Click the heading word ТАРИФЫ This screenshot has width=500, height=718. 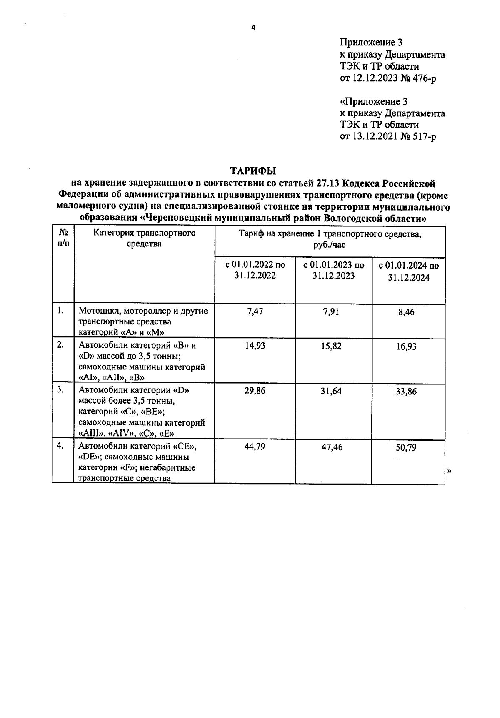[253, 171]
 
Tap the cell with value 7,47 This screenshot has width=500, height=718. [255, 311]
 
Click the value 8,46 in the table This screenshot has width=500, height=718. [406, 312]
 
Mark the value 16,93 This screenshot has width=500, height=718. [406, 346]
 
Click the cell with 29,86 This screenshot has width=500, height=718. [255, 391]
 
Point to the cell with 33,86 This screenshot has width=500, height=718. [406, 392]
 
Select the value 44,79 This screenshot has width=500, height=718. [255, 447]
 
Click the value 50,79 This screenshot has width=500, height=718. [406, 448]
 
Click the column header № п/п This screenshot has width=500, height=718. [63, 238]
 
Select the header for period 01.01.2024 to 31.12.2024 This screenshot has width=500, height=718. [408, 272]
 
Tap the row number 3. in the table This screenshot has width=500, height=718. [60, 389]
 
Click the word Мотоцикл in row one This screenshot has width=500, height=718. [96, 311]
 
